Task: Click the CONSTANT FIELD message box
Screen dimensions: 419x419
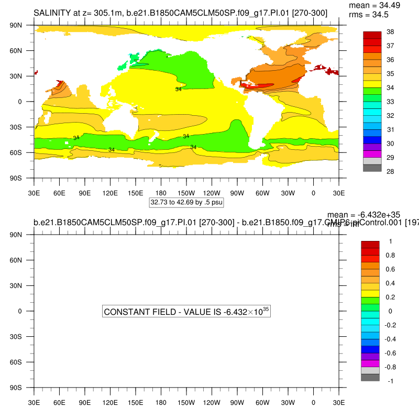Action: coord(186,312)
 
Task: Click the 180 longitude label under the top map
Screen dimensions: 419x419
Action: coord(161,193)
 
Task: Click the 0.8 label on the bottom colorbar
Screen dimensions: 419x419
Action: coord(390,256)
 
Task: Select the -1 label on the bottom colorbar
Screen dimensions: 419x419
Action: coord(389,381)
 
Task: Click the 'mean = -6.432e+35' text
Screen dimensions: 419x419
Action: coord(363,215)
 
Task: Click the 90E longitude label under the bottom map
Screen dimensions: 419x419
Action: coord(85,402)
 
